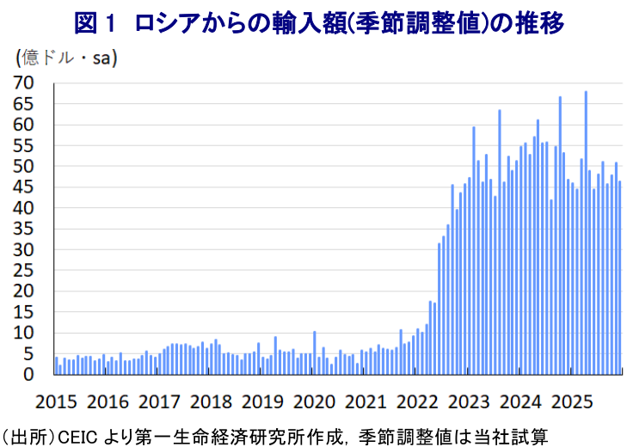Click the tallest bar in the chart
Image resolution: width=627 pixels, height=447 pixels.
(586, 232)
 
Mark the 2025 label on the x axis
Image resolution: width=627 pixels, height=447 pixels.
(571, 402)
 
